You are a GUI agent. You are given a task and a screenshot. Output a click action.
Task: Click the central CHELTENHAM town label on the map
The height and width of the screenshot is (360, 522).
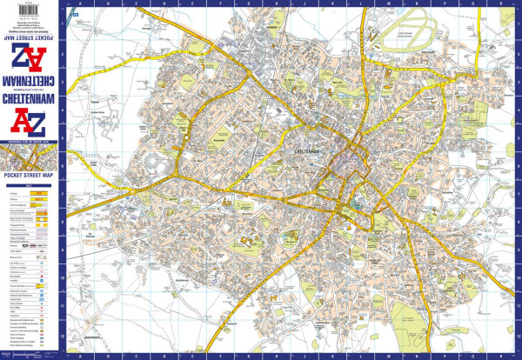(299, 153)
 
